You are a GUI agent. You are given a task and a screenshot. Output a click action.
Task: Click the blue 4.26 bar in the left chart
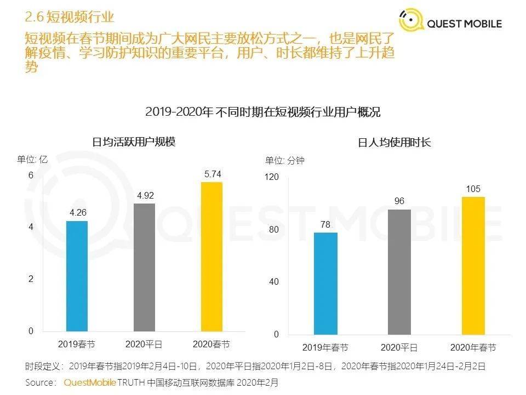click(77, 276)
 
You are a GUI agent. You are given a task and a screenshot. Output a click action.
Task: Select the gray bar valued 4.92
click(144, 267)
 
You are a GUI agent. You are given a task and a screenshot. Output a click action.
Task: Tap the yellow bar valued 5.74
click(212, 256)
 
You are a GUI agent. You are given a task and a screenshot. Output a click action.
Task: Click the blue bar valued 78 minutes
click(325, 283)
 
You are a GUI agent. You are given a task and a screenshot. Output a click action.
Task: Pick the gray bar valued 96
click(399, 272)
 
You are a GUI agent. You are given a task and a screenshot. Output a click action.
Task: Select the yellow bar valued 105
click(473, 266)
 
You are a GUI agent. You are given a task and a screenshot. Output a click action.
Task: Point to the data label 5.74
click(213, 174)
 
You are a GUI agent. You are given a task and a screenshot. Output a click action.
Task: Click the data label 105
click(473, 189)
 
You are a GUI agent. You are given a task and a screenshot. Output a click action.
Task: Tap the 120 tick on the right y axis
click(272, 177)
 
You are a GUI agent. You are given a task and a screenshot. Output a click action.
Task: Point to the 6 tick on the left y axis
click(31, 175)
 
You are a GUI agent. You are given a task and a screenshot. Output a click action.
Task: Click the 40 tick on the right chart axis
click(274, 282)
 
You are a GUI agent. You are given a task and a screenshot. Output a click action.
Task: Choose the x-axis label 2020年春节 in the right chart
click(473, 348)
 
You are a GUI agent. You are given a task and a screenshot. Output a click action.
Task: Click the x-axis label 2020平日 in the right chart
click(399, 348)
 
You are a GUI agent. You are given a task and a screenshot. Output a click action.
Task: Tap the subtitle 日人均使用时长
click(395, 142)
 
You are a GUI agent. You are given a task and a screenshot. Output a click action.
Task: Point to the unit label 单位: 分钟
click(285, 161)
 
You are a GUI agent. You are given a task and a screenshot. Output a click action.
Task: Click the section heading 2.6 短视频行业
click(70, 17)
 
